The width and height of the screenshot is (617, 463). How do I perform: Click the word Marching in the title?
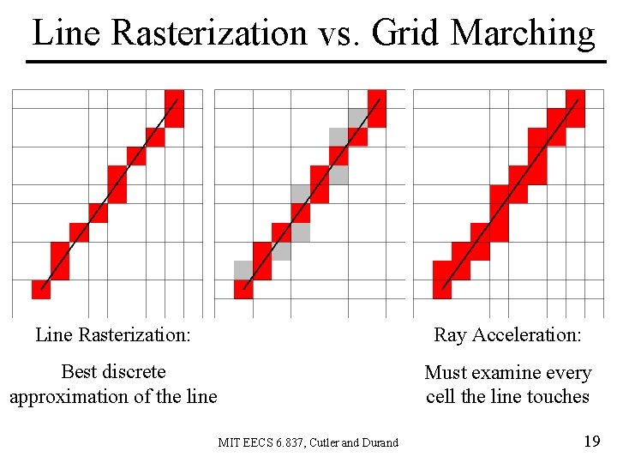[522, 33]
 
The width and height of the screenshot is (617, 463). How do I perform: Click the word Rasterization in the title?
[208, 33]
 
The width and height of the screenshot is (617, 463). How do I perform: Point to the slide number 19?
[590, 442]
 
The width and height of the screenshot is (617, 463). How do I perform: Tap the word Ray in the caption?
[449, 334]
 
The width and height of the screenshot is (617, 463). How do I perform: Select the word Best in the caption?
[79, 372]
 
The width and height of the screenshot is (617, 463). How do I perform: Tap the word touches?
[558, 396]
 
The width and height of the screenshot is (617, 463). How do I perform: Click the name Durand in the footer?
[379, 442]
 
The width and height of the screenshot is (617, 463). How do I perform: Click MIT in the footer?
[228, 442]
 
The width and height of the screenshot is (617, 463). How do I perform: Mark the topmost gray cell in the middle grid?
[357, 117]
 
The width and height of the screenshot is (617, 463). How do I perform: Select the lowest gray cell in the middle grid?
[243, 270]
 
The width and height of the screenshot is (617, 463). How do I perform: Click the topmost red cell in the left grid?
[174, 108]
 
